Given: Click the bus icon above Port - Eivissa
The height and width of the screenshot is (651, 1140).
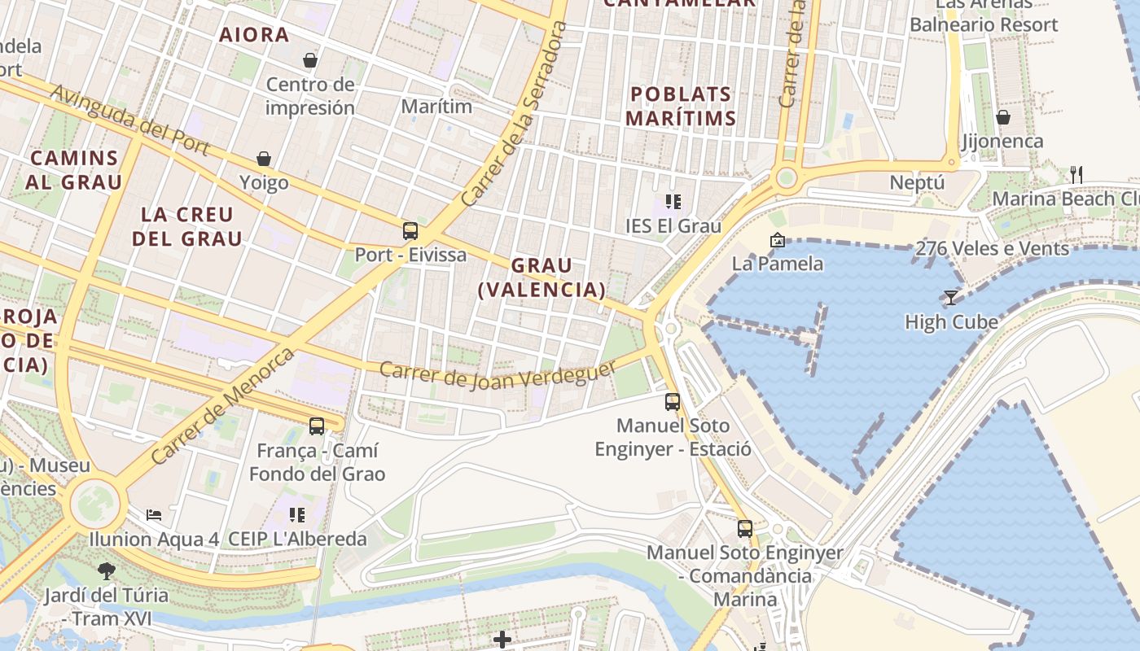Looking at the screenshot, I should [x=410, y=231].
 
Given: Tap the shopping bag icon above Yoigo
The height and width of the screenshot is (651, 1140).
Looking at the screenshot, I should [x=264, y=159].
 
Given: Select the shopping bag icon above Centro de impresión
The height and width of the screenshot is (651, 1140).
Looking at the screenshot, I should [x=310, y=60].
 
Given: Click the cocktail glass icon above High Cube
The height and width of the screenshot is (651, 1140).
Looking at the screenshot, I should [x=950, y=297].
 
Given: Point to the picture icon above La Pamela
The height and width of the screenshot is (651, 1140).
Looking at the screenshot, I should [x=777, y=240].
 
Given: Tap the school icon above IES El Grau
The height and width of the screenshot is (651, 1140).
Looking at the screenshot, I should [x=673, y=201].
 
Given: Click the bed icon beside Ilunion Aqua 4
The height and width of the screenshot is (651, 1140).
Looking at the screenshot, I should [x=154, y=514].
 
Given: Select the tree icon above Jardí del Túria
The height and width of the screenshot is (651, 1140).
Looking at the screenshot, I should [x=106, y=570].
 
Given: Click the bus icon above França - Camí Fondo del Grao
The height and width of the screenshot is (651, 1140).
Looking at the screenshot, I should [x=317, y=426].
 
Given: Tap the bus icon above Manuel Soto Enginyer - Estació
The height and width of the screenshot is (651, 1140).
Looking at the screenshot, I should [x=673, y=401].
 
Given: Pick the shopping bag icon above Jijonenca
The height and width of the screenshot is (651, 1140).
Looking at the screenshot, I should [x=1003, y=118].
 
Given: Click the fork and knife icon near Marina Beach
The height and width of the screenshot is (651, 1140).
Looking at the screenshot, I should [x=1076, y=173].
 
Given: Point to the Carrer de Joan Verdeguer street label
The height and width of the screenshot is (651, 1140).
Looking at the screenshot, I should [x=498, y=374].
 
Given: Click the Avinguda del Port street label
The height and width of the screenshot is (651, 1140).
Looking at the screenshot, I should [x=129, y=120].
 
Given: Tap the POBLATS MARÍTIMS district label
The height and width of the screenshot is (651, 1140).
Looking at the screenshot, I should [x=681, y=106].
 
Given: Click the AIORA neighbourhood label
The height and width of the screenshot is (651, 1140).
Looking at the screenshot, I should [x=254, y=34].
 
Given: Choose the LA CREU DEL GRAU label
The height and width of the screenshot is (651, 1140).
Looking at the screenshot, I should [x=187, y=226].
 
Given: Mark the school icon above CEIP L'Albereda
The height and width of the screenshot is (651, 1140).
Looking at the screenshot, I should [x=297, y=514].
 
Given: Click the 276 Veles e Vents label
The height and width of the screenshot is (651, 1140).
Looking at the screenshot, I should [x=992, y=249].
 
